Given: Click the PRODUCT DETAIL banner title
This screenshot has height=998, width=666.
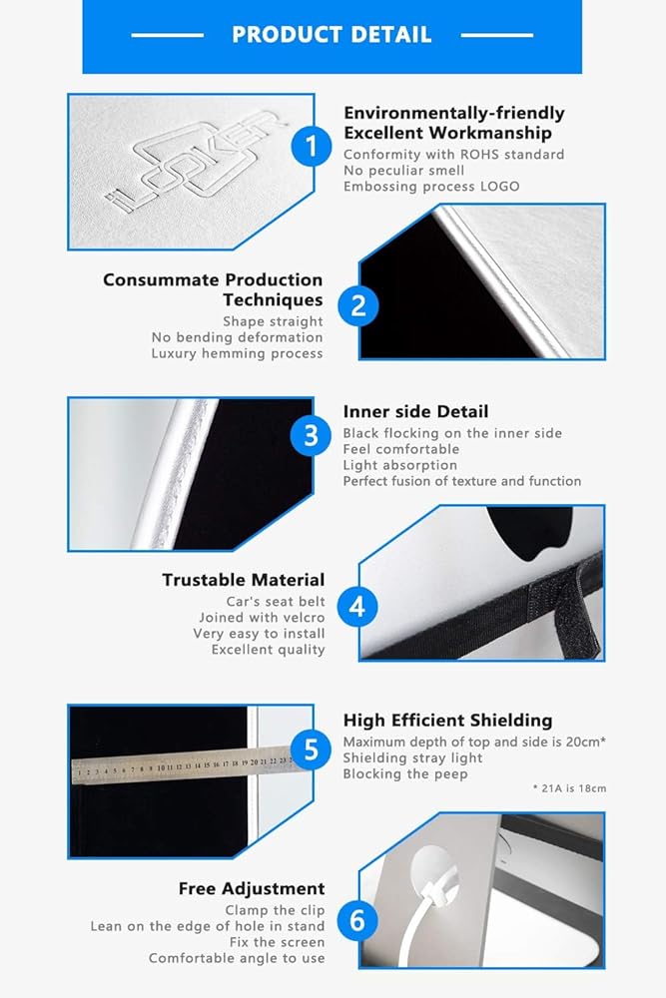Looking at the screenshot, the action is [332, 34].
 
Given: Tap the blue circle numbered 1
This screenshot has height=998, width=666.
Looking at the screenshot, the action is [312, 147].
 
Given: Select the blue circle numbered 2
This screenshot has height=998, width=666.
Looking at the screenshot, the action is [358, 306].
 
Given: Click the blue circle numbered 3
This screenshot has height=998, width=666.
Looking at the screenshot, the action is [311, 436].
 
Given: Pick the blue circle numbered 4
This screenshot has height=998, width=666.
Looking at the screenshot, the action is [357, 607].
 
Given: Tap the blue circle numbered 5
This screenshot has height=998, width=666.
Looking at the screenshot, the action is [311, 749].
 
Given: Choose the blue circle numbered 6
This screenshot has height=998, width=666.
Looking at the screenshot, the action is [357, 920].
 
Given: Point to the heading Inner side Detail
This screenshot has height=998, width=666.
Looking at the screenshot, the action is [415, 412].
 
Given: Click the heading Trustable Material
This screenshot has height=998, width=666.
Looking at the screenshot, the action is [244, 580].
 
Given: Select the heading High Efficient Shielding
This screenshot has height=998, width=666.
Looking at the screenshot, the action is [447, 721].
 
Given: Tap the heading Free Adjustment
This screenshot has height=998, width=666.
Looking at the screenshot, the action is [252, 888].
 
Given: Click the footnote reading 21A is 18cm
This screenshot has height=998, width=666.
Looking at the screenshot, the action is [570, 788].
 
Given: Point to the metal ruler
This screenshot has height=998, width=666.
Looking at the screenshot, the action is [184, 763].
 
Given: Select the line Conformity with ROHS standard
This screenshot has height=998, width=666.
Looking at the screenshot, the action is [454, 155].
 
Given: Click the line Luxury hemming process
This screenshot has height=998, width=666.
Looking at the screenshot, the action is [237, 354].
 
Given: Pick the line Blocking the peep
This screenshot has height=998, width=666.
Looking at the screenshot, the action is [405, 774].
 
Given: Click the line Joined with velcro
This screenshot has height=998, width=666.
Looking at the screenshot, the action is [262, 618].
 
